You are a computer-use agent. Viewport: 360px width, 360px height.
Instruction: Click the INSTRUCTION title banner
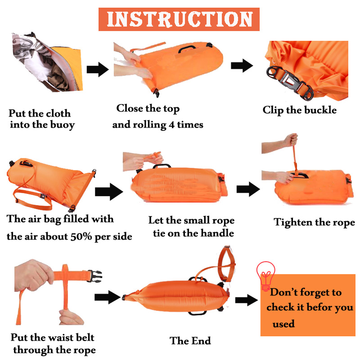(179, 19)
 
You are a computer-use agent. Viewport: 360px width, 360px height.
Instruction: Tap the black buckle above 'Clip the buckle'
(289, 83)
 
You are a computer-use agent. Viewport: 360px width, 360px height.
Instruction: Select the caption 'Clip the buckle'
(299, 110)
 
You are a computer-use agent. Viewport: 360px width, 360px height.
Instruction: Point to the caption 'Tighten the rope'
(314, 222)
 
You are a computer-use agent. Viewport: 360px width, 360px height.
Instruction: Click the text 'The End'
(190, 341)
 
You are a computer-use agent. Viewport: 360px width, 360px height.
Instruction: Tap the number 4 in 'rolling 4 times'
(171, 125)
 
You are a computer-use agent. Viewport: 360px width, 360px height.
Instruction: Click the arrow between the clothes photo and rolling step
(98, 69)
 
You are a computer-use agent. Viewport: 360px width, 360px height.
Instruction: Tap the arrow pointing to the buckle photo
(242, 65)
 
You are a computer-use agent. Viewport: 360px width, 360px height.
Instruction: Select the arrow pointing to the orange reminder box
(247, 300)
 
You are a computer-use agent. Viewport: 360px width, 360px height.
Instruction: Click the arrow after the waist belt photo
(108, 297)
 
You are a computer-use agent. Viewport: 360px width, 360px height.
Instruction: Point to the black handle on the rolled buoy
(187, 48)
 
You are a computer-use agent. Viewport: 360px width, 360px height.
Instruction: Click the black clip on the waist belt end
(94, 276)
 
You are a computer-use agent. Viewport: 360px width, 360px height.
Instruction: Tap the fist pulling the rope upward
(291, 139)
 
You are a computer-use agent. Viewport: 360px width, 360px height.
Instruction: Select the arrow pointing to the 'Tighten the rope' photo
(248, 189)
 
